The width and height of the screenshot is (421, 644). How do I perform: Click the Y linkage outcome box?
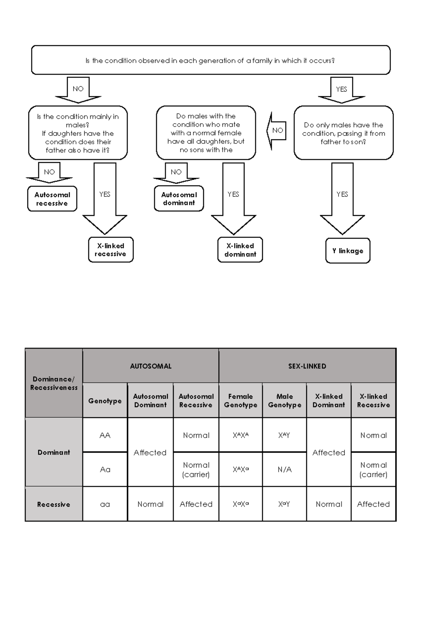coord(348,251)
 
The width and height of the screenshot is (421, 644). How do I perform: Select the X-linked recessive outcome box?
coord(111,250)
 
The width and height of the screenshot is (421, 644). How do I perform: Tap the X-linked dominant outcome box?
coord(240,250)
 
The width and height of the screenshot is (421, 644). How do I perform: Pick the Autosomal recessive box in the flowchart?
coord(52,199)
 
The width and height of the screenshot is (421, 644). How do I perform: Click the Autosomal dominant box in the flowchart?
coord(179,199)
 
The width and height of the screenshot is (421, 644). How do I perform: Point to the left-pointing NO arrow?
coord(276,131)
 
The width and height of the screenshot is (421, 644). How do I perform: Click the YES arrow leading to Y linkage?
coord(342,198)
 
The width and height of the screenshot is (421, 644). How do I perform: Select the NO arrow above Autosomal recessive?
coord(49,172)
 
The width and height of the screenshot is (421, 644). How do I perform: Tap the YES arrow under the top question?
coord(341,90)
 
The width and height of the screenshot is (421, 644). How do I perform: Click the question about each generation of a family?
coord(210,60)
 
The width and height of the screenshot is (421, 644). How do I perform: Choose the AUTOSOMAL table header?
coord(151,366)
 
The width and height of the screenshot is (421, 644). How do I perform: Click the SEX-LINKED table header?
coord(307,366)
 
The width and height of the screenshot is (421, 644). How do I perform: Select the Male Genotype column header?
coord(285,400)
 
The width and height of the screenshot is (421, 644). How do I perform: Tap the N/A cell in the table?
coord(285,470)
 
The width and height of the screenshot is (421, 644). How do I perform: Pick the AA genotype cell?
coord(105,435)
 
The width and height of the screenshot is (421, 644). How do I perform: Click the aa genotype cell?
coord(105,504)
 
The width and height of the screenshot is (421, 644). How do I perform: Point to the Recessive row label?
coord(54,504)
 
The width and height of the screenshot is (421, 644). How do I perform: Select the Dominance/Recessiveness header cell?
coord(54,383)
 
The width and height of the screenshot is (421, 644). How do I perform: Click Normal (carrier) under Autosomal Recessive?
coord(196,470)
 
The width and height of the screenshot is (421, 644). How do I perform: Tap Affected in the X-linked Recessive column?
coord(373,504)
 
